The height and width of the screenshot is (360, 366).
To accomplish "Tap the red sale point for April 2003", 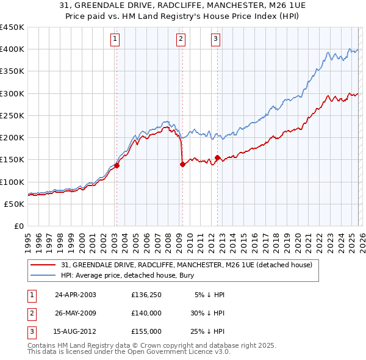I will point(117,165).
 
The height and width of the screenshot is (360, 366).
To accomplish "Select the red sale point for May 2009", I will point(182,164).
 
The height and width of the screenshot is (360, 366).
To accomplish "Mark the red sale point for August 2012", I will point(217,157).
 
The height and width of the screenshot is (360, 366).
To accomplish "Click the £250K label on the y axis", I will point(12,115).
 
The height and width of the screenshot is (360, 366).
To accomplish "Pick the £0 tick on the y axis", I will point(20,226).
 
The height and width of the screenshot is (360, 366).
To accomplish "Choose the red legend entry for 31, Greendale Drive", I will point(187,265).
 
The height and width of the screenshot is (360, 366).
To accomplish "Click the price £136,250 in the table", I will point(146,294).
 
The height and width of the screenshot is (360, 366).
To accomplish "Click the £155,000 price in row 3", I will point(146,331).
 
